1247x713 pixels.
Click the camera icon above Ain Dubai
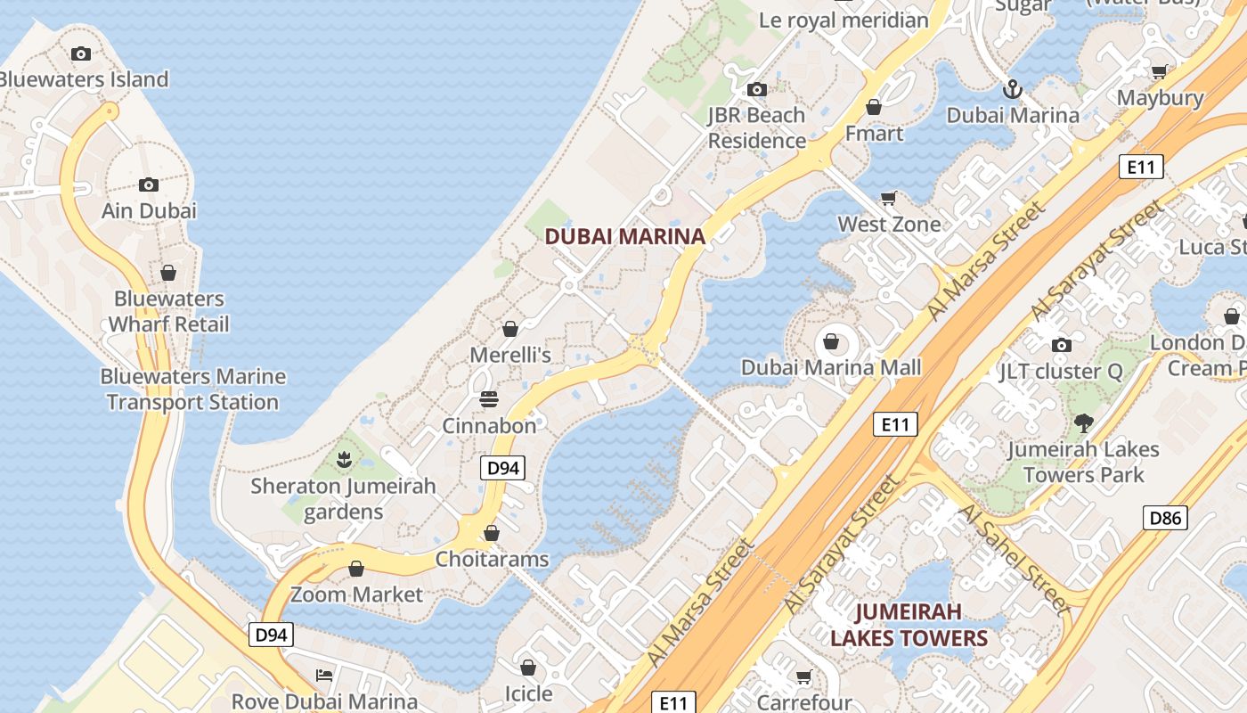(x=149, y=184)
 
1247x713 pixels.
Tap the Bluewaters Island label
(x=83, y=79)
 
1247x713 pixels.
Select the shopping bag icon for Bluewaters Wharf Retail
(x=168, y=273)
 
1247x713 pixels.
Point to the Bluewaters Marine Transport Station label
(x=192, y=389)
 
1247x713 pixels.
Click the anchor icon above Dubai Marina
(x=1012, y=89)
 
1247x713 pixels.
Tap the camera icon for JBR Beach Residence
(x=757, y=89)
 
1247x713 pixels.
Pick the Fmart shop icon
(x=874, y=107)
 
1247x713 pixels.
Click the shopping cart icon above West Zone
(x=888, y=198)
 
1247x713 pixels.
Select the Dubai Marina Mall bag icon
(x=831, y=341)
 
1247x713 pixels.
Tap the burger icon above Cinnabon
(x=489, y=399)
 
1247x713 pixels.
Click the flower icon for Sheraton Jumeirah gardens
(x=343, y=460)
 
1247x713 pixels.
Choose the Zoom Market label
(x=356, y=594)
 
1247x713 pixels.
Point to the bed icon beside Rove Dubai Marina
(x=324, y=675)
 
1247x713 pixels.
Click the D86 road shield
(x=1165, y=517)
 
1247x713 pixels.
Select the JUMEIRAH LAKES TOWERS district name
(x=909, y=625)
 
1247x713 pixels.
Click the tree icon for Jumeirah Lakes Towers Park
(x=1083, y=423)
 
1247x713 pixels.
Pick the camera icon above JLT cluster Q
(x=1061, y=345)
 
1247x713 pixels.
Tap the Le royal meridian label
(x=844, y=20)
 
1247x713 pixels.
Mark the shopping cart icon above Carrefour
(x=803, y=677)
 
